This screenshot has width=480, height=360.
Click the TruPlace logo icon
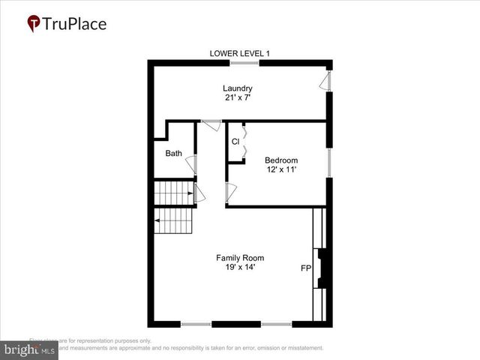tap(34, 24)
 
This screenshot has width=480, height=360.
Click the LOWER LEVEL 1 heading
tap(240, 52)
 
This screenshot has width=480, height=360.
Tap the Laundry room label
tap(237, 88)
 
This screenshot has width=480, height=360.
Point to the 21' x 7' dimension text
tap(237, 98)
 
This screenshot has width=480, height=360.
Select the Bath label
tap(173, 154)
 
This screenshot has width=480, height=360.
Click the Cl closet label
tap(235, 141)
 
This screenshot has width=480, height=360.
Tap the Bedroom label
tap(281, 160)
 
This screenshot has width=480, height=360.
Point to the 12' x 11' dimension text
tap(281, 169)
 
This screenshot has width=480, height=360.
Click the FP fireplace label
tap(306, 268)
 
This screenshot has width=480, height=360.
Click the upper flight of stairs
tap(174, 193)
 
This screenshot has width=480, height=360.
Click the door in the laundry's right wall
tap(325, 80)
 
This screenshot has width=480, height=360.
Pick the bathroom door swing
tap(192, 165)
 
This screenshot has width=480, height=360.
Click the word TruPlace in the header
tap(75, 24)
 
